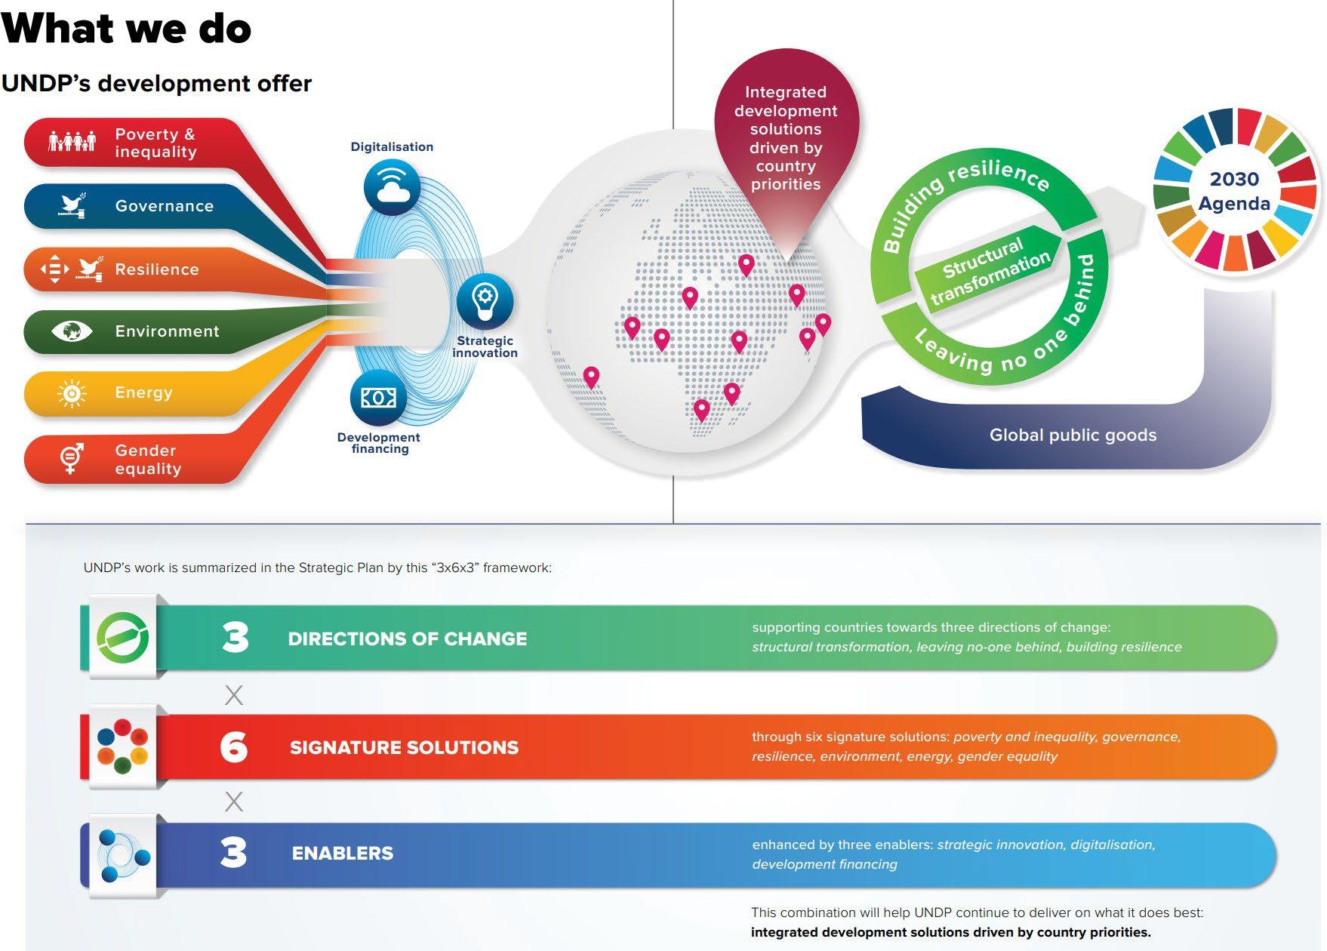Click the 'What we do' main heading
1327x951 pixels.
pyautogui.click(x=126, y=28)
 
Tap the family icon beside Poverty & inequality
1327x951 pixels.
pyautogui.click(x=72, y=141)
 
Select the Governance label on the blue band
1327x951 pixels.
pyautogui.click(x=165, y=206)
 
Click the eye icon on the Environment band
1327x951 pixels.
pyautogui.click(x=72, y=331)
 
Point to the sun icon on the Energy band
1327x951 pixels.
pyautogui.click(x=72, y=393)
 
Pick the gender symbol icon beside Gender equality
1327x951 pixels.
pyautogui.click(x=72, y=457)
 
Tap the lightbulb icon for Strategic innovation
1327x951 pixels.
pyautogui.click(x=485, y=300)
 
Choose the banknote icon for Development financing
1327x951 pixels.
pyautogui.click(x=378, y=398)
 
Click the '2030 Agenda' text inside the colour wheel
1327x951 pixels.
pyautogui.click(x=1234, y=191)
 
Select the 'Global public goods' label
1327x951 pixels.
pyautogui.click(x=1073, y=435)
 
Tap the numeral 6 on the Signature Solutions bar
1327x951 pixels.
pyautogui.click(x=234, y=747)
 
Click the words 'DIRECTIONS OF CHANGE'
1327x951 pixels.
pyautogui.click(x=408, y=639)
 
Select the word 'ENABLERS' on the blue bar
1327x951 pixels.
pyautogui.click(x=343, y=853)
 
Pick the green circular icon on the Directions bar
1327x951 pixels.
pyautogui.click(x=122, y=638)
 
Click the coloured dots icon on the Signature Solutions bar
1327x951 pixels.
pyautogui.click(x=122, y=746)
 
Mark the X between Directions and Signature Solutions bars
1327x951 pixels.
pyautogui.click(x=234, y=695)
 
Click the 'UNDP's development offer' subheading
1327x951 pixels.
pyautogui.click(x=156, y=83)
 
